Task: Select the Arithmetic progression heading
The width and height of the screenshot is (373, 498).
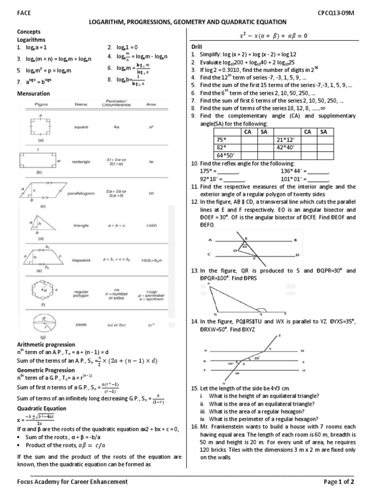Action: click(46, 344)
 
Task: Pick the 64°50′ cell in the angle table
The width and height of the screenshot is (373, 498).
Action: click(224, 155)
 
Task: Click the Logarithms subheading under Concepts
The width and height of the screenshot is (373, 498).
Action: click(31, 39)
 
